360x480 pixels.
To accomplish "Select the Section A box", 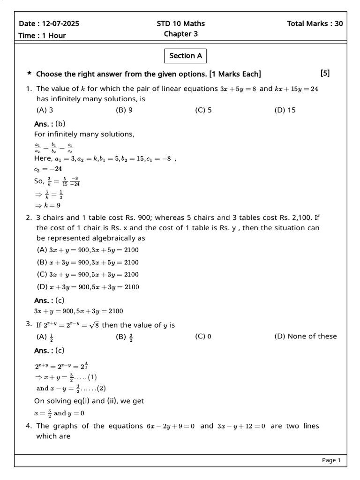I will [x=186, y=56].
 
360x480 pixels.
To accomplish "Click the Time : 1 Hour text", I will [x=42, y=36].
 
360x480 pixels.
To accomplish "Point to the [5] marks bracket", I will [x=325, y=73].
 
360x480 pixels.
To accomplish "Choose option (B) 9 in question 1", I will [x=124, y=111].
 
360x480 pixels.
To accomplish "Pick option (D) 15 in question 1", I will [x=285, y=111].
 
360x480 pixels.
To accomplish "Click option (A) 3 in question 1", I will [x=45, y=111].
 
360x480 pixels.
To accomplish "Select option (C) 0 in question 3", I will [x=203, y=336].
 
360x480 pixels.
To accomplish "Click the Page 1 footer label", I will [x=331, y=460].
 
